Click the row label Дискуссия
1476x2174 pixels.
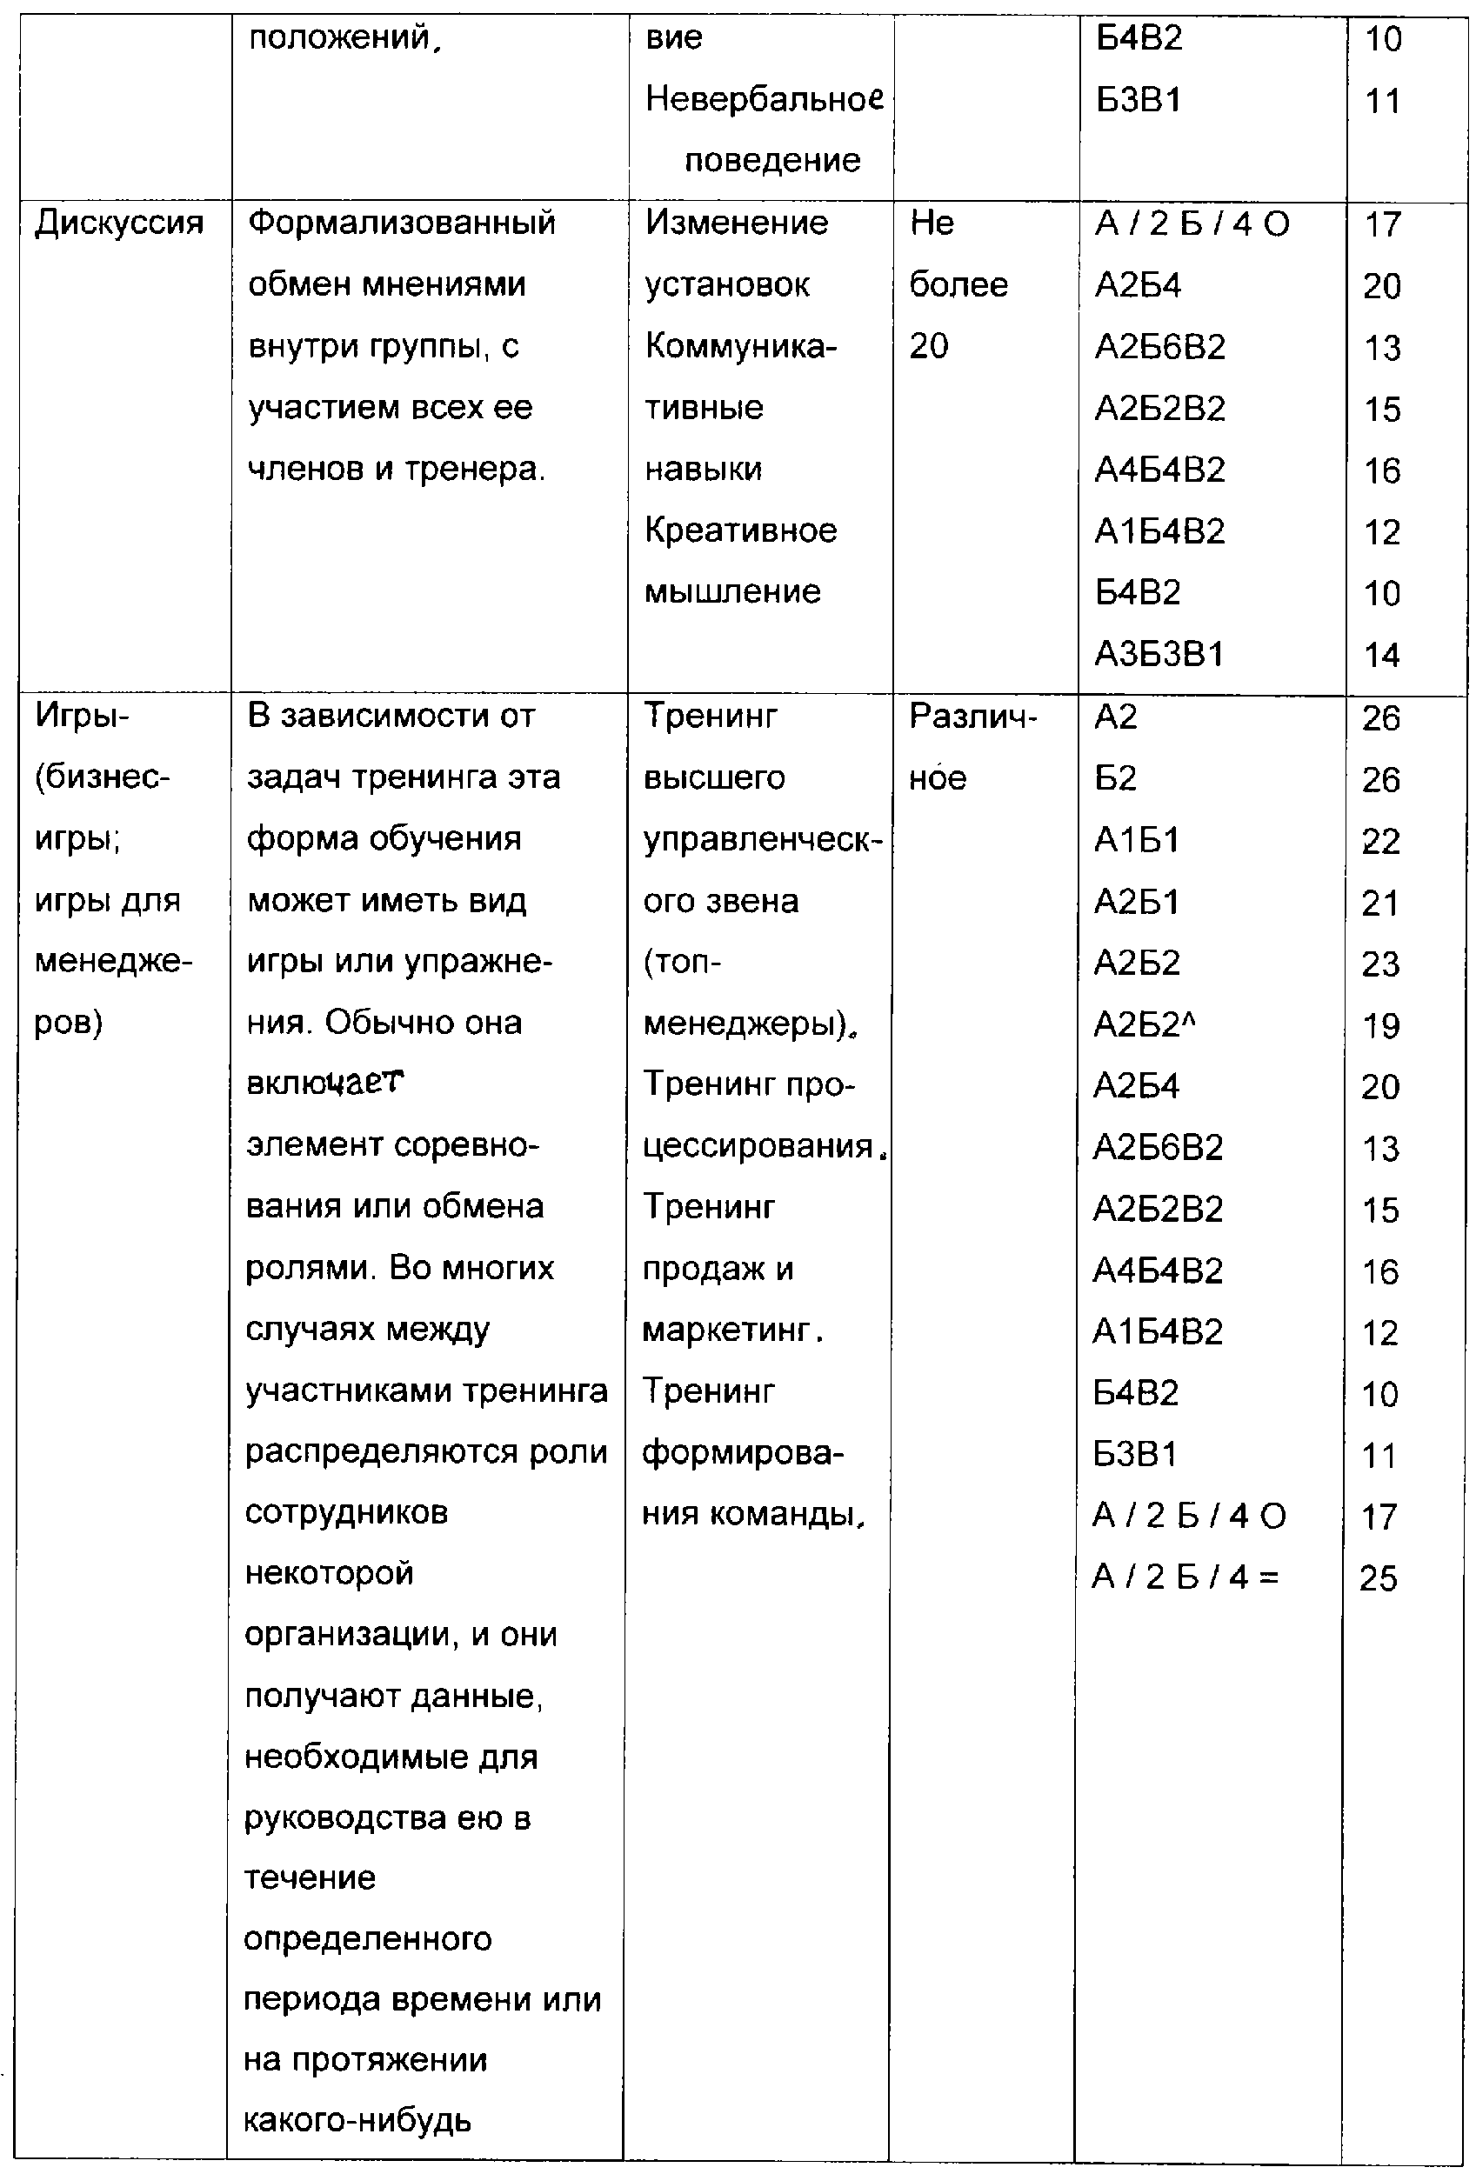click(119, 223)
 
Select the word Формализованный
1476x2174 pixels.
click(401, 223)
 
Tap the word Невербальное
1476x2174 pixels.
click(765, 98)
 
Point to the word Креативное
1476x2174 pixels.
click(740, 530)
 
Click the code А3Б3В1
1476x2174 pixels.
click(1159, 654)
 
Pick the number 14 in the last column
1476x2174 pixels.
click(1381, 655)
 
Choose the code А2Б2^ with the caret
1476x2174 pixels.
click(1145, 1025)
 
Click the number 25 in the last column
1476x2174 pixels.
click(1378, 1579)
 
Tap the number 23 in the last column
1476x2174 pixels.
click(1380, 964)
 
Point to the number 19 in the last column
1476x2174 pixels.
click(1380, 1026)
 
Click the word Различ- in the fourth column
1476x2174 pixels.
click(972, 717)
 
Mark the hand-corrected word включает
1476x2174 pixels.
click(324, 1084)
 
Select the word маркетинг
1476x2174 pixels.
click(726, 1330)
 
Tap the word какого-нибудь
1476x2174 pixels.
click(357, 2120)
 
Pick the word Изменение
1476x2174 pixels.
click(736, 223)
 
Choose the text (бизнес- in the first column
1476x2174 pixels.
click(102, 777)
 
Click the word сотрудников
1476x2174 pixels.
click(346, 1512)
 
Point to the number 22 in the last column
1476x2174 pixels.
click(1380, 841)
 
